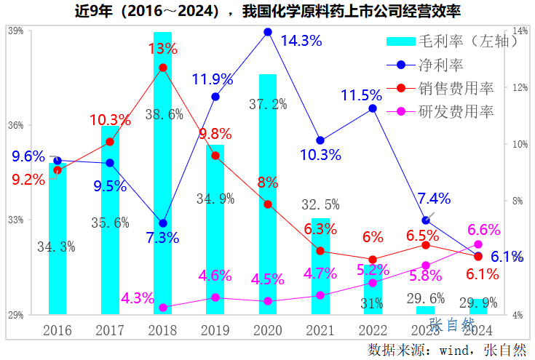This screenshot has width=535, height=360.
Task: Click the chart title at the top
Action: pyautogui.click(x=267, y=12)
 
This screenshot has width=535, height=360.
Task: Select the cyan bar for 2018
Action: pyautogui.click(x=163, y=175)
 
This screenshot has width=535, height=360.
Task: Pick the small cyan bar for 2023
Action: pyautogui.click(x=425, y=311)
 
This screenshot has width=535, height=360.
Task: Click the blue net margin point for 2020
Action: pyautogui.click(x=268, y=32)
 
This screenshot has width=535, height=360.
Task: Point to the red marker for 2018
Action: pyautogui.click(x=163, y=68)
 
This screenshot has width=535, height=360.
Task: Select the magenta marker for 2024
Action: pyautogui.click(x=477, y=244)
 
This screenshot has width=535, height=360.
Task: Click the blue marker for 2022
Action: pyautogui.click(x=373, y=108)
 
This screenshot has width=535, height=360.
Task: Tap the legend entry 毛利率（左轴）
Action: pyautogui.click(x=451, y=41)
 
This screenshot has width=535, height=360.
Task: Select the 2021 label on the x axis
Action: pyautogui.click(x=320, y=330)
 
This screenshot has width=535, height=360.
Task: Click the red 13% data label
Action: pyautogui.click(x=162, y=49)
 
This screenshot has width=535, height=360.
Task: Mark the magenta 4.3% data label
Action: pyautogui.click(x=138, y=298)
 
